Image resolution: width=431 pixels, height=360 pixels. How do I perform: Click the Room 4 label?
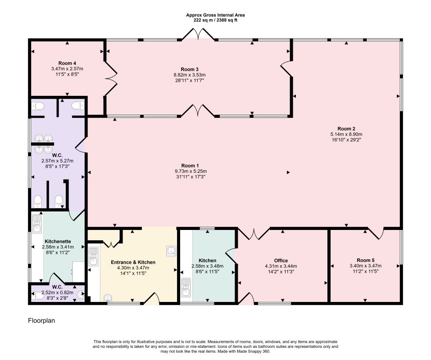pyautogui.click(x=67, y=63)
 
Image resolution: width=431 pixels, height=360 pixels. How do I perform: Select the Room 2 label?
pyautogui.click(x=346, y=129)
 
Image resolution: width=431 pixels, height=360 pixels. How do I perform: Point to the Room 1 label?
pyautogui.click(x=190, y=166)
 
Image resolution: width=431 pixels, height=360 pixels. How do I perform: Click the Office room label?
pyautogui.click(x=281, y=261)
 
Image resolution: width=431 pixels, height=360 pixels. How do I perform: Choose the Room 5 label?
pyautogui.click(x=366, y=260)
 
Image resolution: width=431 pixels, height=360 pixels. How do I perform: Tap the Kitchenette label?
pyautogui.click(x=58, y=241)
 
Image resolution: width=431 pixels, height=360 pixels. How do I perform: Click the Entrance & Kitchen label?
pyautogui.click(x=133, y=262)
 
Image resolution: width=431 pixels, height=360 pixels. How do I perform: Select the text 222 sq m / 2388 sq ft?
pyautogui.click(x=215, y=20)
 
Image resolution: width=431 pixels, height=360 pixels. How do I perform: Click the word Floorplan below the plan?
pyautogui.click(x=41, y=320)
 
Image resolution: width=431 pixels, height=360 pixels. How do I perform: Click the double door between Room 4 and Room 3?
pyautogui.click(x=111, y=79)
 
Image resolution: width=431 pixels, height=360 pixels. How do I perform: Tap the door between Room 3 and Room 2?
pyautogui.click(x=286, y=69)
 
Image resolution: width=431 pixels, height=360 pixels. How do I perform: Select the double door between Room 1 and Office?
pyautogui.click(x=254, y=234)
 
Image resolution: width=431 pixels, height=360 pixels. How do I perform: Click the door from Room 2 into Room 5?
pyautogui.click(x=376, y=233)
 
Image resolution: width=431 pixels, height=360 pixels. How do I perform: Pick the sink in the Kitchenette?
pyautogui.click(x=36, y=224)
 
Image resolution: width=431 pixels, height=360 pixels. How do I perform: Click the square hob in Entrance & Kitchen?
pyautogui.click(x=172, y=251)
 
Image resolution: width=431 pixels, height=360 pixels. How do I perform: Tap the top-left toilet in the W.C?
pyautogui.click(x=38, y=106)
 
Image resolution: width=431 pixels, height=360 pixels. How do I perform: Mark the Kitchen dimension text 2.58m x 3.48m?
pyautogui.click(x=208, y=266)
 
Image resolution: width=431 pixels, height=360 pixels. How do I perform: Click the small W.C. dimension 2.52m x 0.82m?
pyautogui.click(x=58, y=292)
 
